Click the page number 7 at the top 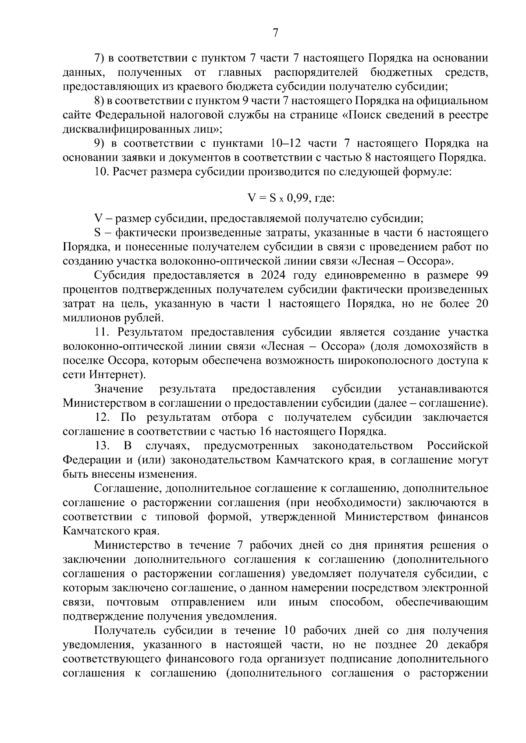(x=275, y=33)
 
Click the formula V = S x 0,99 (x=291, y=198)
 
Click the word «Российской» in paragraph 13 (x=457, y=446)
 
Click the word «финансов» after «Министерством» (x=463, y=517)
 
